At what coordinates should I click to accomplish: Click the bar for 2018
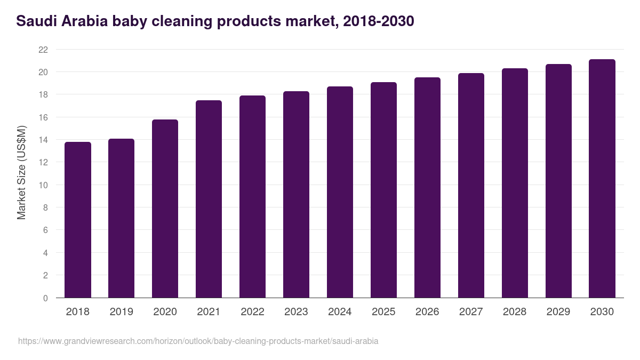[78, 220]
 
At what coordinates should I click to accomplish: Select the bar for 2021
[209, 199]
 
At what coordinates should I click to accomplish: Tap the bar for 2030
[602, 179]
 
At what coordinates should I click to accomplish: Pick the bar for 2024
[340, 192]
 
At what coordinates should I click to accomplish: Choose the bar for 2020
[165, 209]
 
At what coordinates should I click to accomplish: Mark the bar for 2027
[471, 186]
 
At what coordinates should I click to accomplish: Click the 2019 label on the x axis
[122, 312]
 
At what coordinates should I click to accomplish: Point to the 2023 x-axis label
[296, 312]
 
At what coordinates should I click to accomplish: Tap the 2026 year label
[427, 312]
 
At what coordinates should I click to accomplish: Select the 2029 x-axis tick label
[558, 312]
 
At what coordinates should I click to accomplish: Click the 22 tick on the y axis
[43, 50]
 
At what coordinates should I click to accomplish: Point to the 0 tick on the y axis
[45, 298]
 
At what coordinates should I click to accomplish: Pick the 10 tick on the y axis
[43, 185]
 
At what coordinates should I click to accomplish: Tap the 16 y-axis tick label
[43, 117]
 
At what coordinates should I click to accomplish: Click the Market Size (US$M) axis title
[21, 173]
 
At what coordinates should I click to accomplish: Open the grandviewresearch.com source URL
[198, 341]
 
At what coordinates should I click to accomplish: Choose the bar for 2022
[252, 197]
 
